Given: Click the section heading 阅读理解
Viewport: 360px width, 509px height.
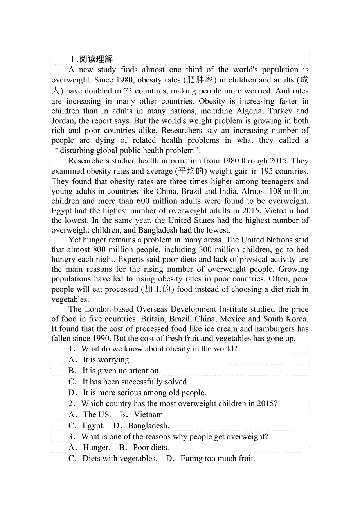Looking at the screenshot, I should (x=96, y=59).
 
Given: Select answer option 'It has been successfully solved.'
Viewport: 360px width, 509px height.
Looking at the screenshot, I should (x=135, y=382).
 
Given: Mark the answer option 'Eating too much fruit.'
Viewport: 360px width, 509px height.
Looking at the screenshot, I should (x=218, y=459).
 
